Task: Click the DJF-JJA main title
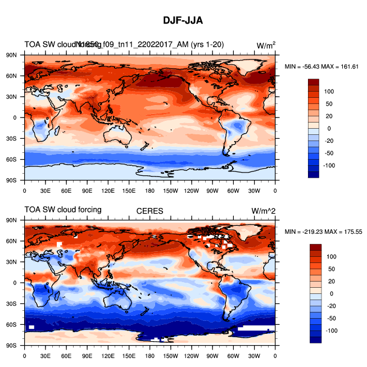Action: tap(183, 21)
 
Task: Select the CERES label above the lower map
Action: tap(149, 211)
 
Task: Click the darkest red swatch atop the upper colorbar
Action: tap(314, 82)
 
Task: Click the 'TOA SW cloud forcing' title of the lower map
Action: tap(62, 210)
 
